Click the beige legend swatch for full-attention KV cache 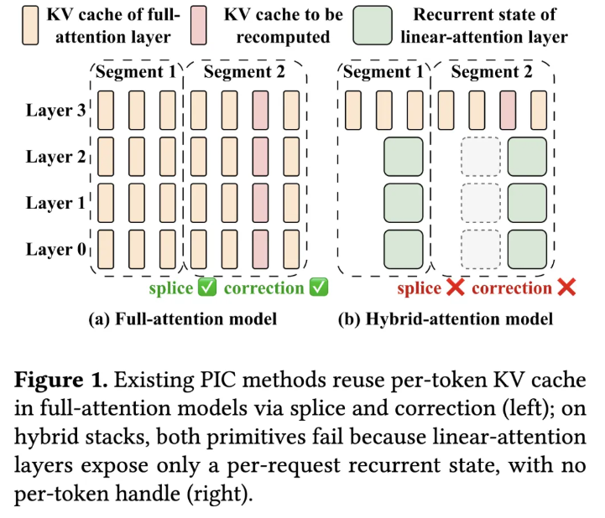pyautogui.click(x=30, y=25)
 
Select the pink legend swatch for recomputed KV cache pyautogui.click(x=198, y=25)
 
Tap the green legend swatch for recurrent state pyautogui.click(x=373, y=25)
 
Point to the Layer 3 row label pyautogui.click(x=56, y=111)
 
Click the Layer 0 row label pyautogui.click(x=56, y=250)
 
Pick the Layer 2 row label pyautogui.click(x=56, y=157)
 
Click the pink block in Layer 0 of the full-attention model pyautogui.click(x=260, y=250)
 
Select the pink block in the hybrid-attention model pyautogui.click(x=508, y=111)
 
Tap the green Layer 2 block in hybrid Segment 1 pyautogui.click(x=404, y=157)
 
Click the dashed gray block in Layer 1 pyautogui.click(x=480, y=203)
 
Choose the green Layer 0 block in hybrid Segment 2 pyautogui.click(x=527, y=250)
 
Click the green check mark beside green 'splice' pyautogui.click(x=206, y=287)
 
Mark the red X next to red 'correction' pyautogui.click(x=566, y=287)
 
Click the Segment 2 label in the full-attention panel pyautogui.click(x=244, y=72)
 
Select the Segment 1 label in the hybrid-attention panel pyautogui.click(x=383, y=72)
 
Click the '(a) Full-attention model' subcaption pyautogui.click(x=182, y=319)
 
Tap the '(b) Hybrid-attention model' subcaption pyautogui.click(x=446, y=319)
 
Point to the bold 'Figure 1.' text pyautogui.click(x=61, y=380)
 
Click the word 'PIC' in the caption pyautogui.click(x=217, y=380)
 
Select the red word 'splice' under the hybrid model pyautogui.click(x=419, y=288)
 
